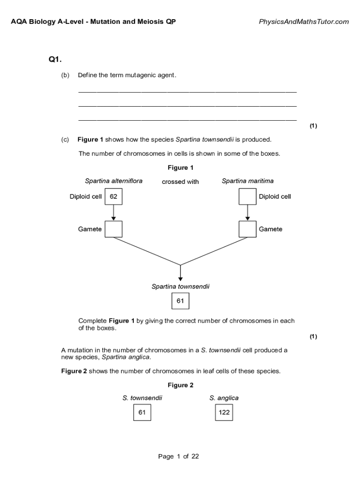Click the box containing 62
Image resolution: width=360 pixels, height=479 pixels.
point(114,196)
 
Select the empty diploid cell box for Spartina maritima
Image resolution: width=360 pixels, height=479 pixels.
point(247,196)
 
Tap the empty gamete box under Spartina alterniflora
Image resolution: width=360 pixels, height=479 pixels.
point(114,229)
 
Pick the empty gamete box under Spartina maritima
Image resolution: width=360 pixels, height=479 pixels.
point(247,229)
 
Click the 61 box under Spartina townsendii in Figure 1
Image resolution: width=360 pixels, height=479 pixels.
point(180,301)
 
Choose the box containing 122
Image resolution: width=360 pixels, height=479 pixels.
point(224,413)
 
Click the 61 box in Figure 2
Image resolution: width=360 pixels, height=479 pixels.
point(142,413)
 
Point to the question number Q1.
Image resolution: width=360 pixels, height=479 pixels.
point(55,59)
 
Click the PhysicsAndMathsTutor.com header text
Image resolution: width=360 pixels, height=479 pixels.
point(303,22)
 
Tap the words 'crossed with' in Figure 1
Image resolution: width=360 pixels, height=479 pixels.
point(180,182)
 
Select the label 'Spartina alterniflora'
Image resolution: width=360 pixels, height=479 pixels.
point(114,181)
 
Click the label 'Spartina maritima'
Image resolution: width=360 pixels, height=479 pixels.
point(248,181)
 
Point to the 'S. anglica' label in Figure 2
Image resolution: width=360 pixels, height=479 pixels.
point(224,398)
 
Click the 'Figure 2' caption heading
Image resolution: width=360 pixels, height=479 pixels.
point(180,385)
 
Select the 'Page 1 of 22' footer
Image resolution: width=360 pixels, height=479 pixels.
point(179,457)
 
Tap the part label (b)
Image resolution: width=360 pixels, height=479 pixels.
point(65,75)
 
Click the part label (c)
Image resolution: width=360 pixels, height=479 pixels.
point(65,139)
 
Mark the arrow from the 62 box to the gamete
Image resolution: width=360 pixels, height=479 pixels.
point(114,213)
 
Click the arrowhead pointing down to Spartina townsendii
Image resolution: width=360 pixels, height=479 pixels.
point(180,279)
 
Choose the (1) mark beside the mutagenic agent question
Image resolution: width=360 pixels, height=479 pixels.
point(313,126)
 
